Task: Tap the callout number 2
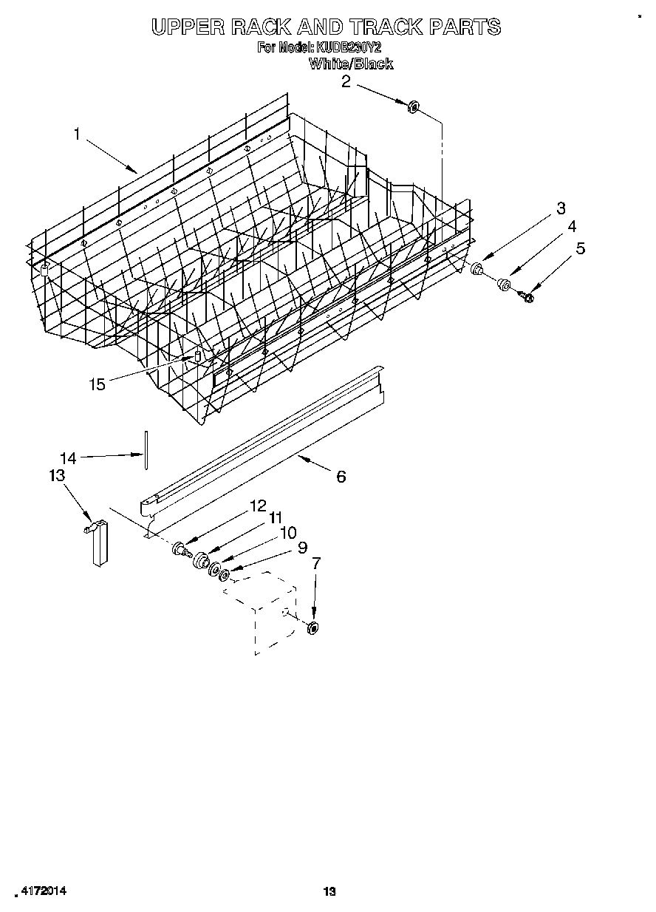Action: (346, 81)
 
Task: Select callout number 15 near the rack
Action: (97, 384)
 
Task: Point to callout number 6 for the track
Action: (341, 477)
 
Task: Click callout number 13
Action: (57, 475)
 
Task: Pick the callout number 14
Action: (67, 458)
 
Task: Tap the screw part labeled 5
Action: (527, 296)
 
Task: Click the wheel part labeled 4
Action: (504, 283)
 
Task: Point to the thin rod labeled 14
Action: (146, 449)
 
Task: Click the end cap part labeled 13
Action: (98, 542)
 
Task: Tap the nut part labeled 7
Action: (312, 629)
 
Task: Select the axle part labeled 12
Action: (180, 549)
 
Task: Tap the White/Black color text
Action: (350, 64)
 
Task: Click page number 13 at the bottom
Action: (329, 892)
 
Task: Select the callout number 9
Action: (301, 548)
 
